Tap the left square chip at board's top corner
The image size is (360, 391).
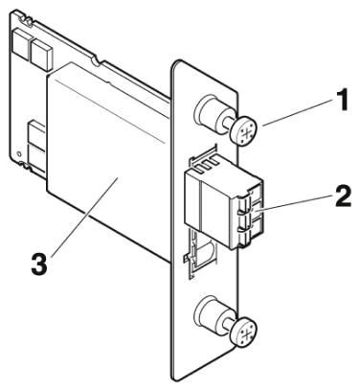click(21, 40)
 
